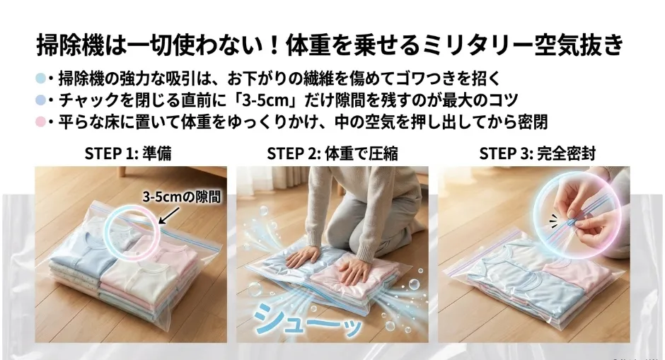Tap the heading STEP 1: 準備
tap(127, 153)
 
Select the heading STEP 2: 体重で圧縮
tap(332, 153)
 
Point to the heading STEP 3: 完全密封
tap(537, 153)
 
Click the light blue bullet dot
tap(41, 79)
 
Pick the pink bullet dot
tap(41, 122)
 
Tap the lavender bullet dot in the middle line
tap(41, 100)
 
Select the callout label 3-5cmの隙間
tap(182, 197)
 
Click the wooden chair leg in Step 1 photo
tap(122, 171)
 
